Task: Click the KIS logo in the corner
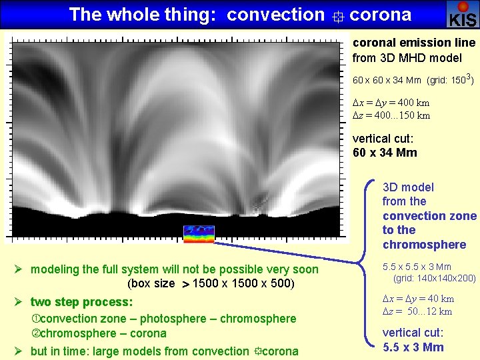pyautogui.click(x=463, y=14)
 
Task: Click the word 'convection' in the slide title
pyautogui.click(x=275, y=14)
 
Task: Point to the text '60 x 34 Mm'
pyautogui.click(x=385, y=153)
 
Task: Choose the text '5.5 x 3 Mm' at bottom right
pyautogui.click(x=413, y=347)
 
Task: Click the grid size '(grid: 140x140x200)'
pyautogui.click(x=435, y=278)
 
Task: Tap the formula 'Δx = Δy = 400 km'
pyautogui.click(x=391, y=103)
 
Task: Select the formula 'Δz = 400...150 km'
pyautogui.click(x=391, y=115)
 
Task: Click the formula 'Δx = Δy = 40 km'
pyautogui.click(x=418, y=299)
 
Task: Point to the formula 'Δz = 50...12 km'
pyautogui.click(x=417, y=311)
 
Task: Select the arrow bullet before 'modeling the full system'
pyautogui.click(x=20, y=269)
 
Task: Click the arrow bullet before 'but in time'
pyautogui.click(x=20, y=351)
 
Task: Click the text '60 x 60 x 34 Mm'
pyautogui.click(x=387, y=81)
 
